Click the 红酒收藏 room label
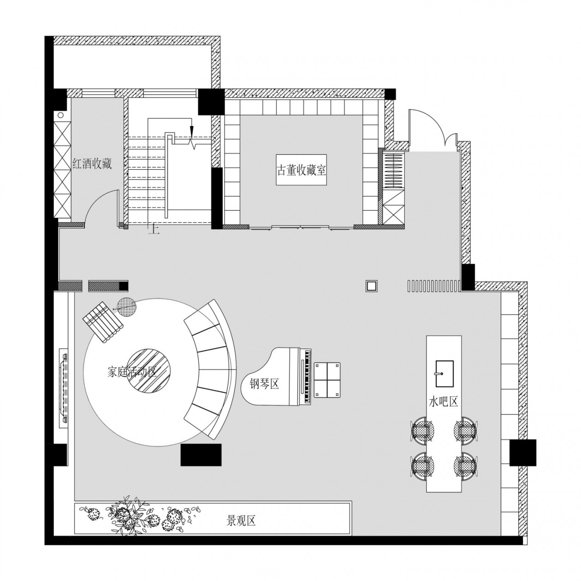(x=92, y=164)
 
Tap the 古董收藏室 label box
(x=302, y=170)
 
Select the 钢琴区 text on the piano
(x=264, y=384)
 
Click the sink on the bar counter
(x=445, y=373)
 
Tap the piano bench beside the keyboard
(x=327, y=380)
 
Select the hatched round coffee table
(x=148, y=370)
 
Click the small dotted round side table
(x=126, y=307)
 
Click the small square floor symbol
(x=372, y=285)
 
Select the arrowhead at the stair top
(x=191, y=131)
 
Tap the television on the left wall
(x=64, y=389)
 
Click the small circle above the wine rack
(x=60, y=115)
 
